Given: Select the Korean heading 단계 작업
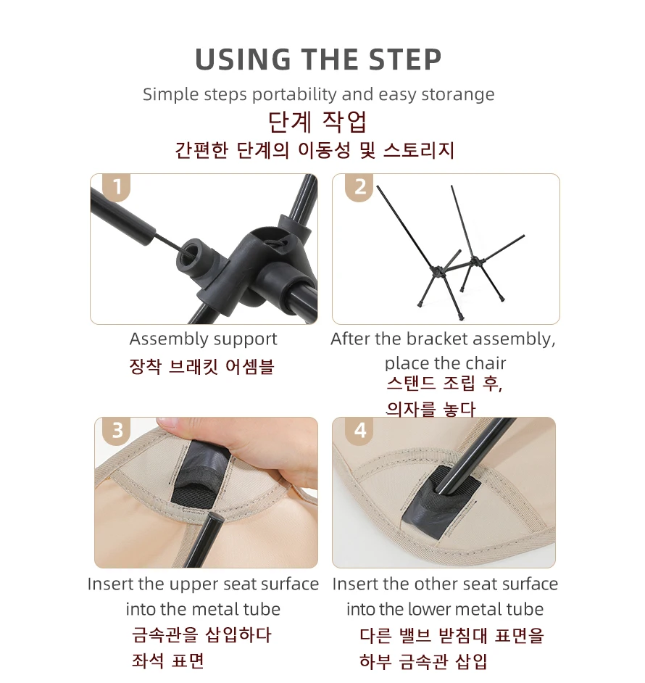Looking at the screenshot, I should pyautogui.click(x=318, y=121).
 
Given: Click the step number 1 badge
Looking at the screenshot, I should pyautogui.click(x=117, y=188).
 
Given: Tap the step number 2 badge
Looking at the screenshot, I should pyautogui.click(x=359, y=187).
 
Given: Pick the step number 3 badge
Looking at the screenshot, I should pyautogui.click(x=117, y=431).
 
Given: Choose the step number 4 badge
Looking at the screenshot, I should pyautogui.click(x=359, y=431).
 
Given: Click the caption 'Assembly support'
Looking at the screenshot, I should pyautogui.click(x=203, y=339).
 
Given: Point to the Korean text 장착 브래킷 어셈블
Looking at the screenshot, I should pyautogui.click(x=201, y=366).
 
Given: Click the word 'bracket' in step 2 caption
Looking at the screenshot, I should pyautogui.click(x=437, y=339).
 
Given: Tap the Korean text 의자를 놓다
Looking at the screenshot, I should pyautogui.click(x=430, y=409).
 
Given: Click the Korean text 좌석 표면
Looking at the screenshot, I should pyautogui.click(x=167, y=661).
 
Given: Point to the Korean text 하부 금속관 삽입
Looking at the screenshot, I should pyautogui.click(x=423, y=661).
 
